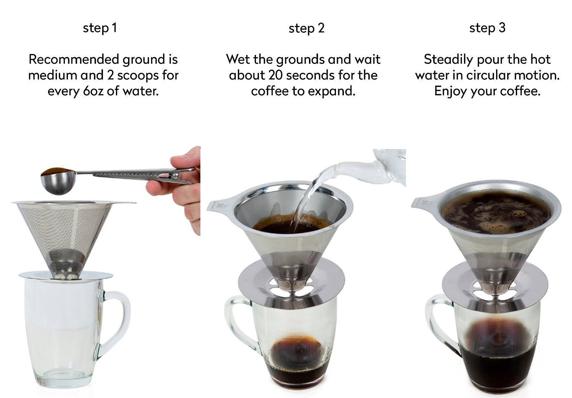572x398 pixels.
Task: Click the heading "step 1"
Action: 100,28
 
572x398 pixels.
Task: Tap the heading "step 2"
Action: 306,28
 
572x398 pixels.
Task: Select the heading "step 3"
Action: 487,28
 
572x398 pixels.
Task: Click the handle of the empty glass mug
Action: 118,320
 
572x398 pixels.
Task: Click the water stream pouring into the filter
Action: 305,198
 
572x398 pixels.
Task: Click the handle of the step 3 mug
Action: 439,324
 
